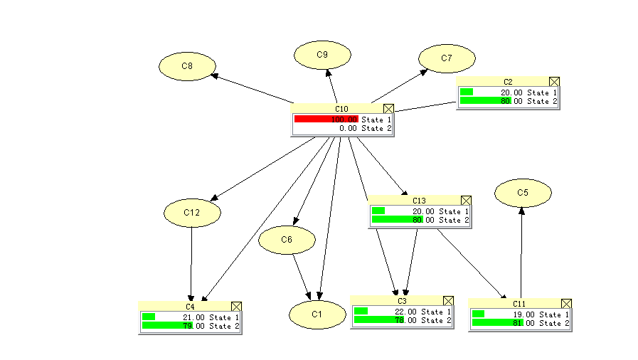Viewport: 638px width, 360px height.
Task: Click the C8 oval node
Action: [187, 66]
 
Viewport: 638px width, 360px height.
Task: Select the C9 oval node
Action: [322, 55]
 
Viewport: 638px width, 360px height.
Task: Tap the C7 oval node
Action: [446, 59]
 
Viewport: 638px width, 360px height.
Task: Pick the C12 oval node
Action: [192, 213]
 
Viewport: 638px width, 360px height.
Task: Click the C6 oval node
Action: [287, 240]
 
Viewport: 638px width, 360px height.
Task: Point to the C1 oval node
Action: [317, 314]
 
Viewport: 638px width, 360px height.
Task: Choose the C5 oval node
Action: [523, 192]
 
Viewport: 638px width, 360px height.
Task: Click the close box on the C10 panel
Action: [388, 109]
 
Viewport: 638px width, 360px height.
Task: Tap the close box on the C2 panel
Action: [555, 83]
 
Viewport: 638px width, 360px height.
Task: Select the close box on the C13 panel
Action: [467, 201]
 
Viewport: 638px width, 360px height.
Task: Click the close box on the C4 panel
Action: [237, 307]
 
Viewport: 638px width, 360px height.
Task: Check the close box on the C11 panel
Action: [566, 304]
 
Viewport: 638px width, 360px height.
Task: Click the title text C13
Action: [418, 201]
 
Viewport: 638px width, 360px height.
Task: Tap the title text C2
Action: [508, 83]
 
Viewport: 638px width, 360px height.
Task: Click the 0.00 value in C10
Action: [348, 129]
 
